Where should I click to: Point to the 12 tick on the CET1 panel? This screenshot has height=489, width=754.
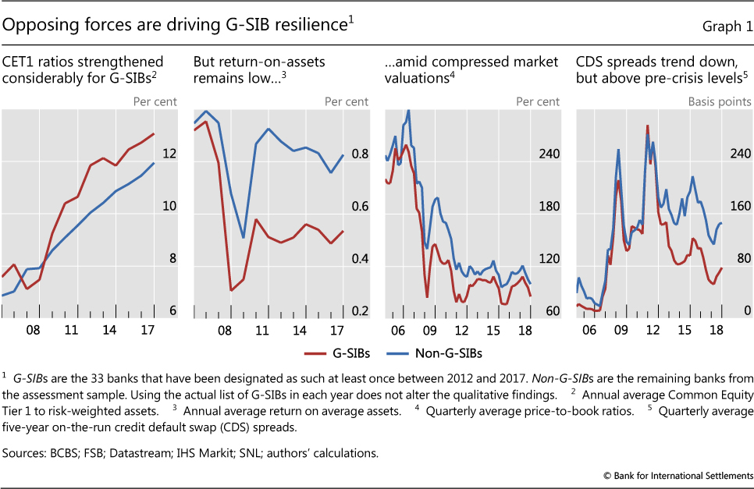point(169,154)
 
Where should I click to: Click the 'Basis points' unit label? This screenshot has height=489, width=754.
point(720,101)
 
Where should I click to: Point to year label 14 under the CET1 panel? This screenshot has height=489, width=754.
point(109,330)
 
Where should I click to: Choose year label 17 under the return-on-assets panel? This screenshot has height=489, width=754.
point(335,330)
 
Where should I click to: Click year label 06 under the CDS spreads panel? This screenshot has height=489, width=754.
point(589,330)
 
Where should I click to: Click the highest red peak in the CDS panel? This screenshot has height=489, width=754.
point(647,126)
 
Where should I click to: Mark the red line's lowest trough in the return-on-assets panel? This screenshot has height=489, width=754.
point(231,290)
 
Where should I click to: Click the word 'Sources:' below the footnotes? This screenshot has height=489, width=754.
point(26,450)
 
